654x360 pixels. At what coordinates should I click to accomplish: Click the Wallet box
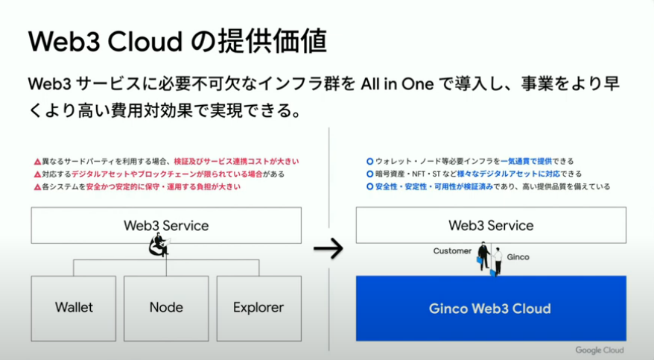74,307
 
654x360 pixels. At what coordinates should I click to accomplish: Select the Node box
166,307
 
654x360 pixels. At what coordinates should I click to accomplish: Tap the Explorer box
258,307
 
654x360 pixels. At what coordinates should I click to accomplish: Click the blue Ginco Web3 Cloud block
490,308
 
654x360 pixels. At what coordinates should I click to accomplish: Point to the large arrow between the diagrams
328,248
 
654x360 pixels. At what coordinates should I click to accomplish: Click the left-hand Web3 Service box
166,225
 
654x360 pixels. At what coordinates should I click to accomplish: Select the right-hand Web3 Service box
490,225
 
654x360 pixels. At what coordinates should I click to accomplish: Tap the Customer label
452,251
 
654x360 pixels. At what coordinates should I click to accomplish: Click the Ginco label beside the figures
518,257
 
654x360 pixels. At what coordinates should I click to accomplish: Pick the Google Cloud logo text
599,350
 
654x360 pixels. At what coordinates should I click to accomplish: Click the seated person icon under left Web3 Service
159,245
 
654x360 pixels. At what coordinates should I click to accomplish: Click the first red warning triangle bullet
36,162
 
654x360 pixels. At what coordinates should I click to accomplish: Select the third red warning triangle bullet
36,187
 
